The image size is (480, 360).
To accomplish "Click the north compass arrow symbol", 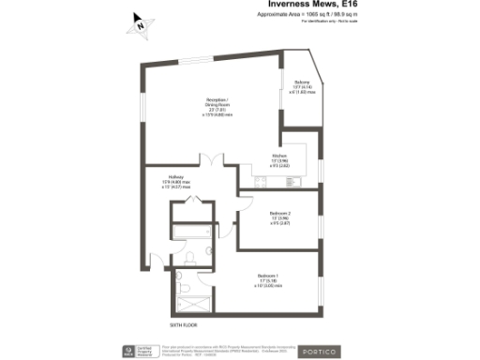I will tap(140, 24).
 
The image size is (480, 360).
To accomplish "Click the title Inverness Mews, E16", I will tap(309, 6).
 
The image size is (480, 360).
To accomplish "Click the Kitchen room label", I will tap(279, 159).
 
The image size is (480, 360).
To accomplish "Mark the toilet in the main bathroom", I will tap(188, 254).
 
